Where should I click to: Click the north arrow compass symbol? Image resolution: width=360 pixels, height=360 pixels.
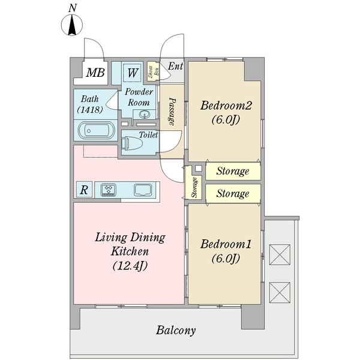coord(72,25)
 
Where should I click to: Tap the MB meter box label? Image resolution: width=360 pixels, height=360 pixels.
coord(95,73)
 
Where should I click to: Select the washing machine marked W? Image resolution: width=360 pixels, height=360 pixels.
coord(132,73)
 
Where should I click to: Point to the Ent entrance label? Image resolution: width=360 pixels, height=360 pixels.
coord(175,66)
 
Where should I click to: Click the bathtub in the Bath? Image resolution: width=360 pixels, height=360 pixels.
coord(96,130)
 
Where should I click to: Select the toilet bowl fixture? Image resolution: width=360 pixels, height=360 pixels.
coord(132,143)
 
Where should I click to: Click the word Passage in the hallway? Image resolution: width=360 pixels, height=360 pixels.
coord(172,112)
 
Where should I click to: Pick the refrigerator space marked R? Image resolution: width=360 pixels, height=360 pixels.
coord(84,190)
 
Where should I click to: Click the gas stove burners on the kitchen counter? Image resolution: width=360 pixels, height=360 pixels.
coord(109,190)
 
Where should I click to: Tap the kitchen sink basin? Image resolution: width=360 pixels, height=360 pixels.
coord(143,190)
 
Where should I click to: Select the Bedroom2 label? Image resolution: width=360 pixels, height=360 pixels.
coord(226,106)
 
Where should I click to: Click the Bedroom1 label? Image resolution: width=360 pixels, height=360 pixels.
coord(226,244)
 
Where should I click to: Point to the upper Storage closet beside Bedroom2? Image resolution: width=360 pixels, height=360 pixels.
coord(233,171)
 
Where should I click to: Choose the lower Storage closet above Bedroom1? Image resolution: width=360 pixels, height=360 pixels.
coord(233,193)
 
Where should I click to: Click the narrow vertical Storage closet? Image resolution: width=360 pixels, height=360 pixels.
coord(194,187)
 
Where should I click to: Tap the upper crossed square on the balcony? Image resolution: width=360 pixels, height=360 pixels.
coord(280,254)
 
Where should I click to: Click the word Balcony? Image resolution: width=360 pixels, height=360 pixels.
coord(176,331)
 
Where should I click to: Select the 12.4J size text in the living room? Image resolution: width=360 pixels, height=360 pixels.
coord(130,266)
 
